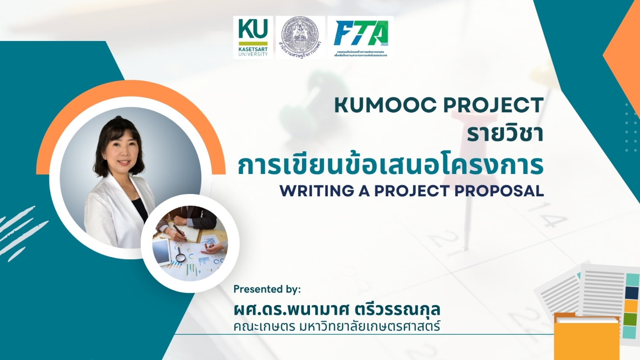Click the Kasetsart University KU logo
click(253, 37)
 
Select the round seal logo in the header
click(300, 37)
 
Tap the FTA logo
click(360, 37)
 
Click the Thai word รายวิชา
click(505, 135)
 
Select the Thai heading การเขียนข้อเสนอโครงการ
click(391, 166)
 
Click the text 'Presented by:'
click(267, 289)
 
